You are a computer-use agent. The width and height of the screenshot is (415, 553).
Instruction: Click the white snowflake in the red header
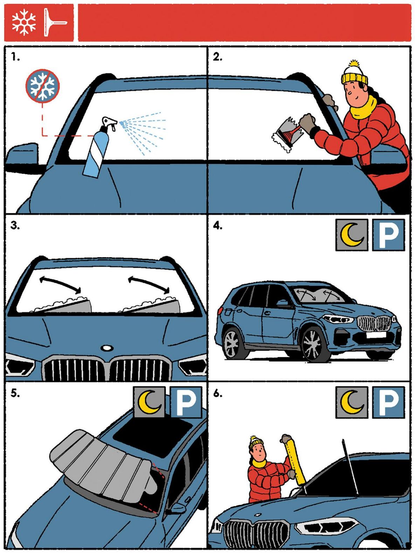pos(24,22)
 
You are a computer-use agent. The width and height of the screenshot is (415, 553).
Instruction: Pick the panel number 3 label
pos(15,226)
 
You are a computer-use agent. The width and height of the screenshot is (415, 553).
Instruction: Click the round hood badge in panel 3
pos(106,348)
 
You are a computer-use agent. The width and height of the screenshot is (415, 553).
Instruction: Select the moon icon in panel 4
pos(351,235)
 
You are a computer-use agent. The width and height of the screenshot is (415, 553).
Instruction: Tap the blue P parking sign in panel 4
pos(388,235)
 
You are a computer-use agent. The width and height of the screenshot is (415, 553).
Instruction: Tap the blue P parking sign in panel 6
pos(388,402)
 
